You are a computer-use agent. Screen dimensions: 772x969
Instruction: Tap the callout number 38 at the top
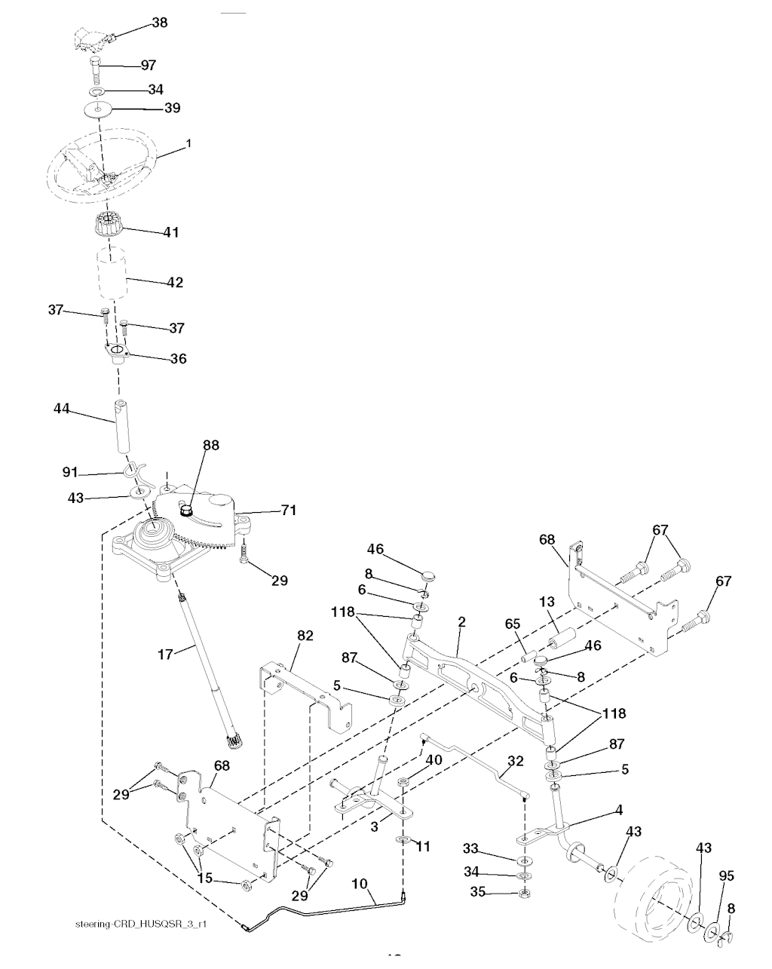tap(159, 22)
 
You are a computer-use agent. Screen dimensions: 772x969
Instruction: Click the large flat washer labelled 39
tap(98, 110)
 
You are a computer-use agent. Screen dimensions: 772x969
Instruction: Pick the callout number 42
tap(175, 282)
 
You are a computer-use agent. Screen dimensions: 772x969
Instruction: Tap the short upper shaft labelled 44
tap(121, 425)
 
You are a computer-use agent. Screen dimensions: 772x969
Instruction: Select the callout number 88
tap(210, 445)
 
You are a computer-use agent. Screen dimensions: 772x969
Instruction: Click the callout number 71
tap(289, 510)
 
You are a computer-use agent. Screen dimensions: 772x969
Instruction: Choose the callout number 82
tap(305, 636)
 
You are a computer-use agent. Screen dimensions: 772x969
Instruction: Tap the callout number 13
tap(547, 602)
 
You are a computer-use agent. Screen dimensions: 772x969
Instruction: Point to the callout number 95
tap(726, 875)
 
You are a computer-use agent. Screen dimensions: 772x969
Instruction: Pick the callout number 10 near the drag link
tap(360, 884)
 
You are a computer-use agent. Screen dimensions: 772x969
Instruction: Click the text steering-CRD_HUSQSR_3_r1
tap(141, 924)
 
